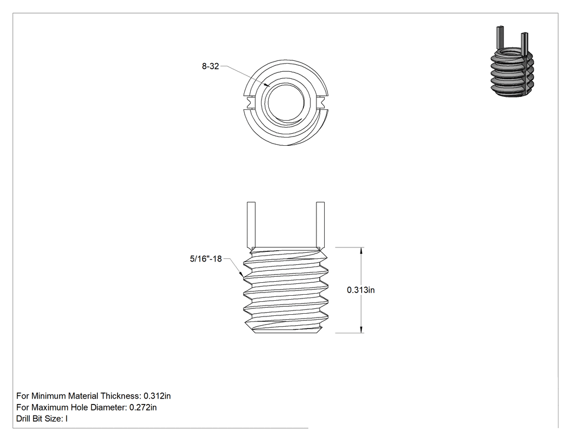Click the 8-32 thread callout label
(x=210, y=66)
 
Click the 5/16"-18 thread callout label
(x=206, y=259)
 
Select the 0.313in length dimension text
(x=361, y=290)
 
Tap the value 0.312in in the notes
(x=157, y=396)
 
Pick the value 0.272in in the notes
(x=143, y=407)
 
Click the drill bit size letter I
(x=67, y=419)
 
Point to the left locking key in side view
(x=251, y=225)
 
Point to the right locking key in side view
(x=320, y=225)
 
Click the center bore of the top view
(x=286, y=102)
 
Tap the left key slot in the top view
(x=251, y=102)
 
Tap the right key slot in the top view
(x=321, y=102)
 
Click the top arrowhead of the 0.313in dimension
(x=361, y=251)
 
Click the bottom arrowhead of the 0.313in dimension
(x=361, y=329)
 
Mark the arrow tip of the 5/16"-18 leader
(x=243, y=279)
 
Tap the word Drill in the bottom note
(x=23, y=419)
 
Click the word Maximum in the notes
(x=50, y=407)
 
